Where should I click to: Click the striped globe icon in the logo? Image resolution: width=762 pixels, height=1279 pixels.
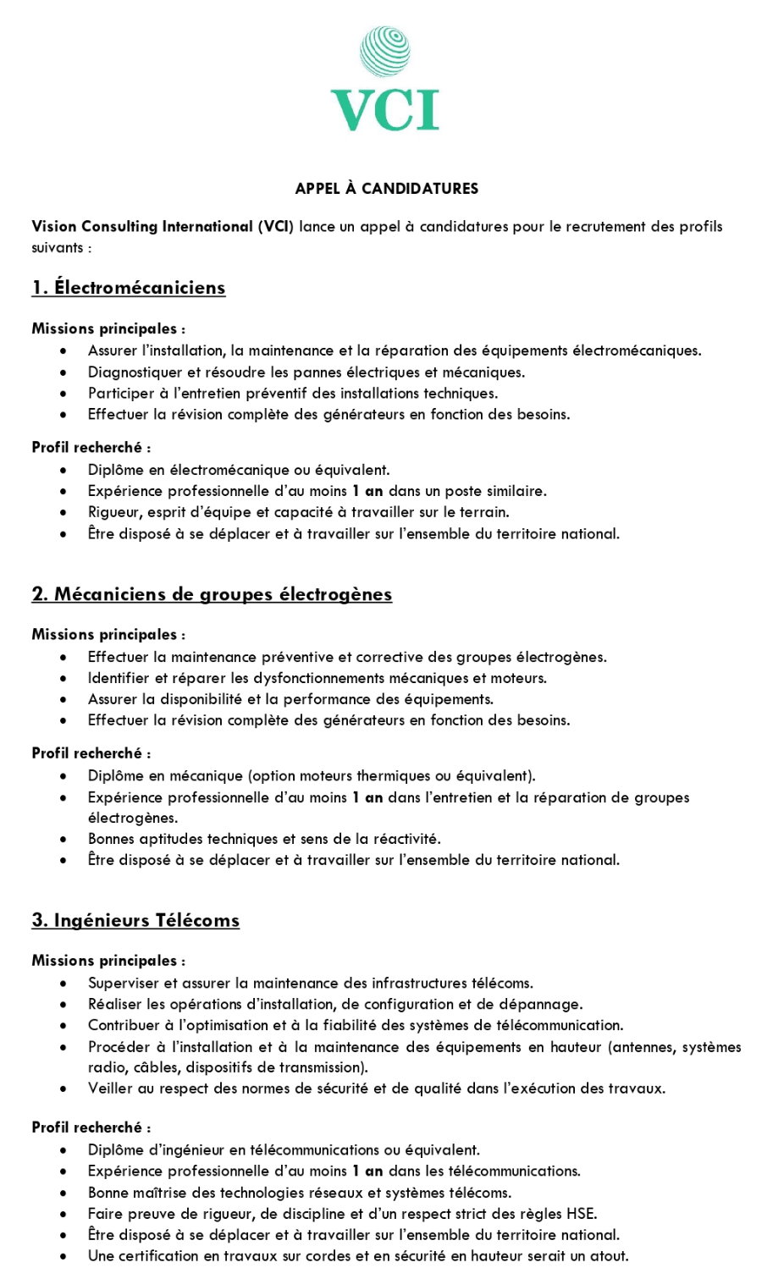[384, 51]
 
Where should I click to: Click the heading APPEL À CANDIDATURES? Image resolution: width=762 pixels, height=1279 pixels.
[386, 189]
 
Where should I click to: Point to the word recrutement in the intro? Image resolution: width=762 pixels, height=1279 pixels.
[603, 227]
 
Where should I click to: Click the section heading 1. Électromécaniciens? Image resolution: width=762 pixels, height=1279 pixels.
[129, 288]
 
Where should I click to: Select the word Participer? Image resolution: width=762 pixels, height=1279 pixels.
[119, 394]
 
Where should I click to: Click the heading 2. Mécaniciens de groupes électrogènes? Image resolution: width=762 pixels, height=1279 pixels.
[212, 594]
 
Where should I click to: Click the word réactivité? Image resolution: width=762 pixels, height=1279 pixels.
[405, 839]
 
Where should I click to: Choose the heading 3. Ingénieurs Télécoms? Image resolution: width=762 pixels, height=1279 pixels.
[135, 921]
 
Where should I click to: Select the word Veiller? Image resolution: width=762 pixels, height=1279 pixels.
[108, 1089]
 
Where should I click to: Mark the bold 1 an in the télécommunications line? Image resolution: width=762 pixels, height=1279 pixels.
[367, 1171]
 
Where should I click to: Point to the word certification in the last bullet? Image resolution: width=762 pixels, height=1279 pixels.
[160, 1256]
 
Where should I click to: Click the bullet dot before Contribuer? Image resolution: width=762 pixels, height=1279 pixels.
[63, 1026]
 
